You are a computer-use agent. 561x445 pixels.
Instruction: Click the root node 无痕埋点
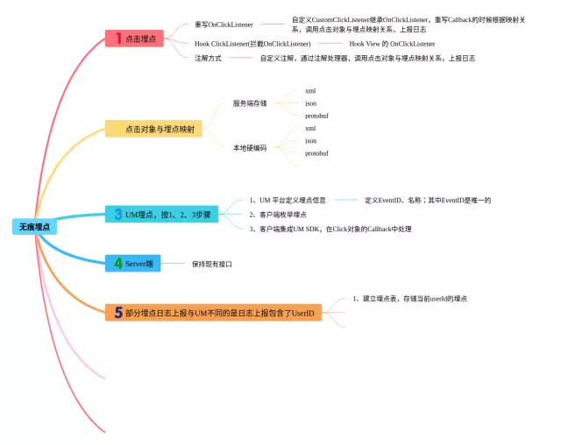34,227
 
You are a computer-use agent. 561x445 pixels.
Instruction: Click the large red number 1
117,39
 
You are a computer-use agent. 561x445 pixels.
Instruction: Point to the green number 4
117,263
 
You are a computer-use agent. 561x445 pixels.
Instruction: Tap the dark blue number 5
117,311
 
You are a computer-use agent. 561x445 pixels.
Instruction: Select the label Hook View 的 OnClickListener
391,43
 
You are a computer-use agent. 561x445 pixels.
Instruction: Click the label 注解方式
208,58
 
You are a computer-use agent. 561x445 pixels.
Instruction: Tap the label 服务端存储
250,103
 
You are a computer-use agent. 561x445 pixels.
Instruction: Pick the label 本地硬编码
250,147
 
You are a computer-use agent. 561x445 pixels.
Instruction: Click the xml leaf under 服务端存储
310,91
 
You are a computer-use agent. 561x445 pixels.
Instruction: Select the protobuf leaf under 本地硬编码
316,153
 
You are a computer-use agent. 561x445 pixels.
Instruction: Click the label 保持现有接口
211,263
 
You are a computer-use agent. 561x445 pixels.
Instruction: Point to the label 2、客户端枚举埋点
277,214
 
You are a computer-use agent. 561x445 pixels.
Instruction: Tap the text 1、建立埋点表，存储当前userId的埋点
409,299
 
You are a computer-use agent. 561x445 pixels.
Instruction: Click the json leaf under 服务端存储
311,103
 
